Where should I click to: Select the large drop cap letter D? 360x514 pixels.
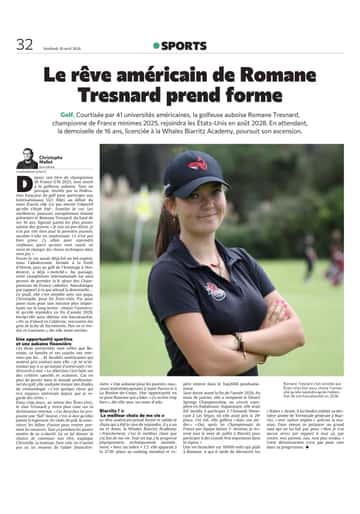(x=83, y=181)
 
